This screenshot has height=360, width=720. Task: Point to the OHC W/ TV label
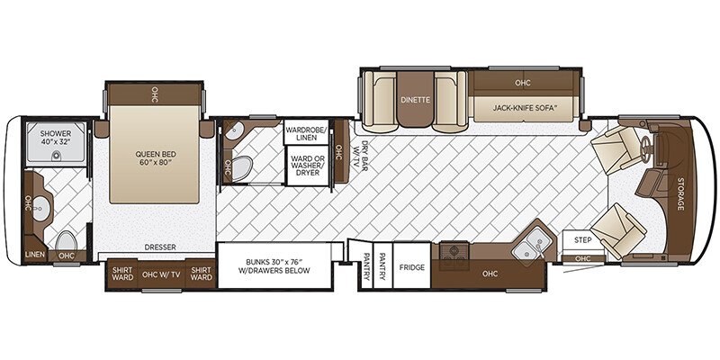tap(161, 272)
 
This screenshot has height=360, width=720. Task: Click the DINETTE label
tap(415, 101)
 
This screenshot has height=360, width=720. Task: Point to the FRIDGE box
tap(412, 266)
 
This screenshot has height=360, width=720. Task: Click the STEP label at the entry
tap(581, 240)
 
